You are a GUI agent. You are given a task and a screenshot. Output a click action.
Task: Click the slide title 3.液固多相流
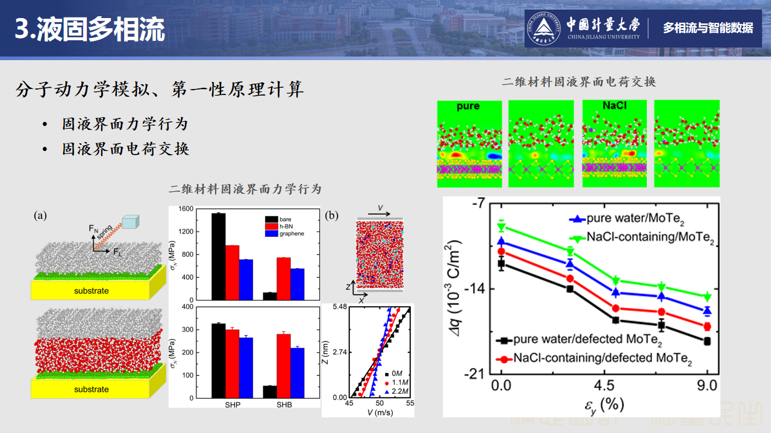(x=90, y=29)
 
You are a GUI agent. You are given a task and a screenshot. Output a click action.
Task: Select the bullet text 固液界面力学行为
(x=125, y=124)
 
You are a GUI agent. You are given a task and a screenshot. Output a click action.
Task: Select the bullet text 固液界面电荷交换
(x=125, y=149)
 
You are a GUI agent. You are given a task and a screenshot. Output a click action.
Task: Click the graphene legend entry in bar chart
(x=292, y=233)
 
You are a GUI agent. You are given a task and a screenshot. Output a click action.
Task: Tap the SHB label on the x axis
(x=284, y=405)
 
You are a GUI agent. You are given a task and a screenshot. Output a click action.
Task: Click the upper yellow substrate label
(x=92, y=291)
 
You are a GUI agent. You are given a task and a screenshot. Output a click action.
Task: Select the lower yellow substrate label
(x=92, y=389)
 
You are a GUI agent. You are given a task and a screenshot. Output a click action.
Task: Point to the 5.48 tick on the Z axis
(x=338, y=307)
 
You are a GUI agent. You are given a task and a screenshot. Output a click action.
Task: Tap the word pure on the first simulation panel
(x=468, y=106)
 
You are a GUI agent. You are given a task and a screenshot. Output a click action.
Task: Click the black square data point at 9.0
(x=707, y=341)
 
